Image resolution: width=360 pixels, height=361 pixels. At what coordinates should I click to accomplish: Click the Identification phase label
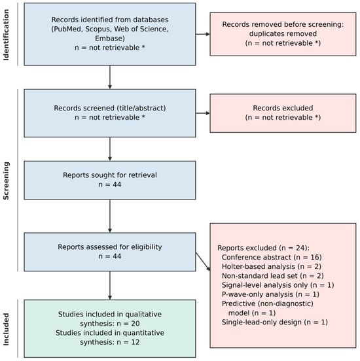click(x=6, y=35)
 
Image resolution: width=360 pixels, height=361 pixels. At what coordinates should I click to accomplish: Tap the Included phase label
click(x=6, y=329)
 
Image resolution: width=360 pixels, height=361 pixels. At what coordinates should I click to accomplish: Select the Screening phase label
click(x=6, y=180)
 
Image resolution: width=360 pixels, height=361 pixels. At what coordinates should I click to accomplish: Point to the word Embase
click(x=110, y=38)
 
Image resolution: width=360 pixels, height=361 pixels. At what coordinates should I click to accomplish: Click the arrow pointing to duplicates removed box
click(x=203, y=34)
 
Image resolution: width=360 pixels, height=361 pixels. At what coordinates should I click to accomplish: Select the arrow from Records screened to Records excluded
click(x=203, y=113)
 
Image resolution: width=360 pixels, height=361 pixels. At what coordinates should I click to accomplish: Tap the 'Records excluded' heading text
click(x=283, y=108)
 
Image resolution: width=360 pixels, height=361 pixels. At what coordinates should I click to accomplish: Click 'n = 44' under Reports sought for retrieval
click(x=110, y=184)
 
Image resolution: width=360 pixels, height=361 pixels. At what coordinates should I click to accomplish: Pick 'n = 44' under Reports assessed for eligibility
click(x=110, y=256)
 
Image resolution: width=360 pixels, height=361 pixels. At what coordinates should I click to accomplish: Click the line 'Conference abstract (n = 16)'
click(x=272, y=257)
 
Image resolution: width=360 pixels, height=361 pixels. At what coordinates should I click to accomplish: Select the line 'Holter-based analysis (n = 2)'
click(x=271, y=266)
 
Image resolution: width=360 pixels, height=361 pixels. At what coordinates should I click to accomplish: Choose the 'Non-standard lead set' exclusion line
click(x=273, y=276)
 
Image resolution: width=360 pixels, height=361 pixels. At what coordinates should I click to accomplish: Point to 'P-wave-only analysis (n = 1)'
click(x=270, y=294)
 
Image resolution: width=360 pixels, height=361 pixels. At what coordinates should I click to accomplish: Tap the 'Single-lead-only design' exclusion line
click(x=274, y=322)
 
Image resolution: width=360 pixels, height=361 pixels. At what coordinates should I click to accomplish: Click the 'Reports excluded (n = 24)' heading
click(x=263, y=248)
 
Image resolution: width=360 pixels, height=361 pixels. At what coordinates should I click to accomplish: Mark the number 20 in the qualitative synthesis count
click(x=135, y=324)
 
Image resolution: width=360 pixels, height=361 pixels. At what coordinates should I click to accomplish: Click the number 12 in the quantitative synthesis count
click(x=135, y=342)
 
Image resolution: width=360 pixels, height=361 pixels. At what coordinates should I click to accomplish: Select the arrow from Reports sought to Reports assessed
click(x=110, y=216)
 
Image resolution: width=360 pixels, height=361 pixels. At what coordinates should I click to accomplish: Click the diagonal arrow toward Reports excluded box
click(x=203, y=262)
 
